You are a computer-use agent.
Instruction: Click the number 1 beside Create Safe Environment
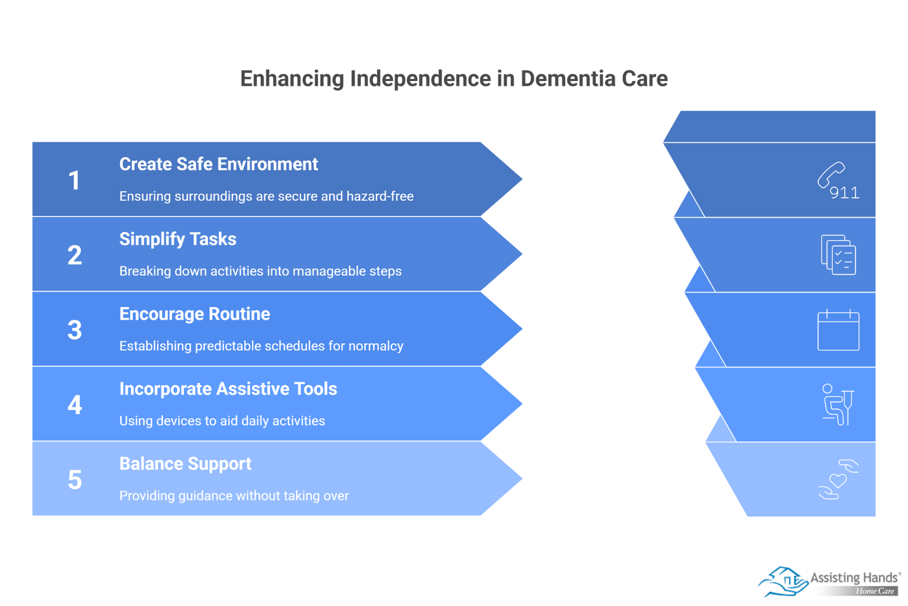[x=74, y=180]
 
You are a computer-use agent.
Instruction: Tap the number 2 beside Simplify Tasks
[x=74, y=256]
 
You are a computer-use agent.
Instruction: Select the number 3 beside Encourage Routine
[x=74, y=330]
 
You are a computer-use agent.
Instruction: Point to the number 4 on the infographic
[x=74, y=405]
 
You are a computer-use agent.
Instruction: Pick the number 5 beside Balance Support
[x=74, y=480]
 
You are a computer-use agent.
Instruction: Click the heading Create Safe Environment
[x=218, y=164]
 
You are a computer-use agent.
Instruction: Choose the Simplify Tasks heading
[x=177, y=239]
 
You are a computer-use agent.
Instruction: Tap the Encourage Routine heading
[x=194, y=314]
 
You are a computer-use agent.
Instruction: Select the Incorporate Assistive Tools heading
[x=228, y=389]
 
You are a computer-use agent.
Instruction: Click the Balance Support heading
[x=185, y=463]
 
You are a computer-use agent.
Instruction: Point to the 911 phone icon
[x=838, y=180]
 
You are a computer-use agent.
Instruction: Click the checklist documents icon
[x=838, y=255]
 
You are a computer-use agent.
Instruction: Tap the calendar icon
[x=838, y=330]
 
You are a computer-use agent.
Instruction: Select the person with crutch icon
[x=838, y=405]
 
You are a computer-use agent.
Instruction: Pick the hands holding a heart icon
[x=838, y=479]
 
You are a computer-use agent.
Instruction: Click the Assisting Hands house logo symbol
[x=783, y=581]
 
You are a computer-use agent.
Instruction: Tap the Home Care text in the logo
[x=875, y=591]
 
